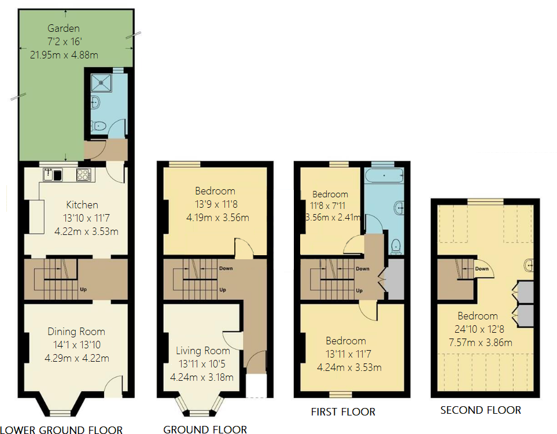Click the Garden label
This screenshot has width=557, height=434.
click(64, 28)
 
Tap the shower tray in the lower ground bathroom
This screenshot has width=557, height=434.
click(101, 83)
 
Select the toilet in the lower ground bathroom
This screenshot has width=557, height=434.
click(98, 126)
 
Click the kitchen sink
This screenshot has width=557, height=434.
click(53, 175)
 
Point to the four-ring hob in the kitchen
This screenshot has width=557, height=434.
click(84, 175)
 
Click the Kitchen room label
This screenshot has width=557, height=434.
click(82, 205)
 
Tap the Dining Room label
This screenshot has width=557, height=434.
click(76, 332)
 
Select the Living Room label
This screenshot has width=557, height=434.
click(203, 351)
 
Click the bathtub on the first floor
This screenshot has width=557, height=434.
click(384, 175)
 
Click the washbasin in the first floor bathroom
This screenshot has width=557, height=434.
click(399, 207)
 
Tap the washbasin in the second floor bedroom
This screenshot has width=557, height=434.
click(529, 265)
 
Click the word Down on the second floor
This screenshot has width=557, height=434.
click(482, 269)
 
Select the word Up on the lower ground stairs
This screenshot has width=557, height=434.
click(83, 289)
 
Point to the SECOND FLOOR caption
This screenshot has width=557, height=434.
click(481, 410)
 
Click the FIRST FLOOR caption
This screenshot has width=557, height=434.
click(343, 412)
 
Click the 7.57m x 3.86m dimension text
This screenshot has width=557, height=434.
click(481, 343)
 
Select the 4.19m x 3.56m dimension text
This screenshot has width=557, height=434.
click(217, 218)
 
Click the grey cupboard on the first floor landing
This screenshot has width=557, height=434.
click(395, 279)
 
